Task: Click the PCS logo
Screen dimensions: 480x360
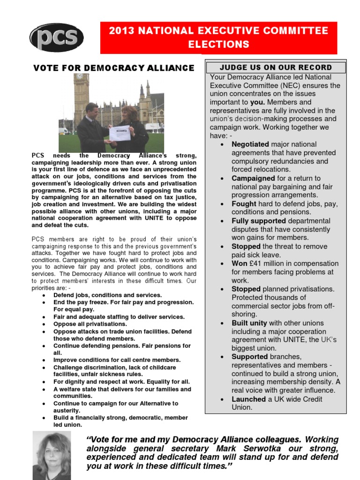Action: point(57,37)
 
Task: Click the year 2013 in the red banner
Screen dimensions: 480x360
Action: point(121,31)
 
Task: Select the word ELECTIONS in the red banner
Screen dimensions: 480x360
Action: point(218,45)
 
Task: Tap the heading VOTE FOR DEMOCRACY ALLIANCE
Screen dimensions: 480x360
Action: point(113,68)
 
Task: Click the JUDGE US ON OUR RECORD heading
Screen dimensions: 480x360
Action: point(276,67)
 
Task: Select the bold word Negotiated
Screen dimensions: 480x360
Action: point(250,144)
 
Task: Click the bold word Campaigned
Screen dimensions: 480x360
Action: point(253,178)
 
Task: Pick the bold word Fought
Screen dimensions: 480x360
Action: point(244,204)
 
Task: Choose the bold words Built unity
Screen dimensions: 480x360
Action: point(249,323)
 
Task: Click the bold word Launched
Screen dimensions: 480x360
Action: point(248,399)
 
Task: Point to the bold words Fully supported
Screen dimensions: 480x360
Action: point(258,221)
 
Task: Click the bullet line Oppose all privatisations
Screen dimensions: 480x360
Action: point(90,324)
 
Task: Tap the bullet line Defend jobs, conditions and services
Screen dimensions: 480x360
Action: point(107,295)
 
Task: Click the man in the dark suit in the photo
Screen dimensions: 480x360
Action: point(92,129)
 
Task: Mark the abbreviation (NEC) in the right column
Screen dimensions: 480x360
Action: point(292,85)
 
